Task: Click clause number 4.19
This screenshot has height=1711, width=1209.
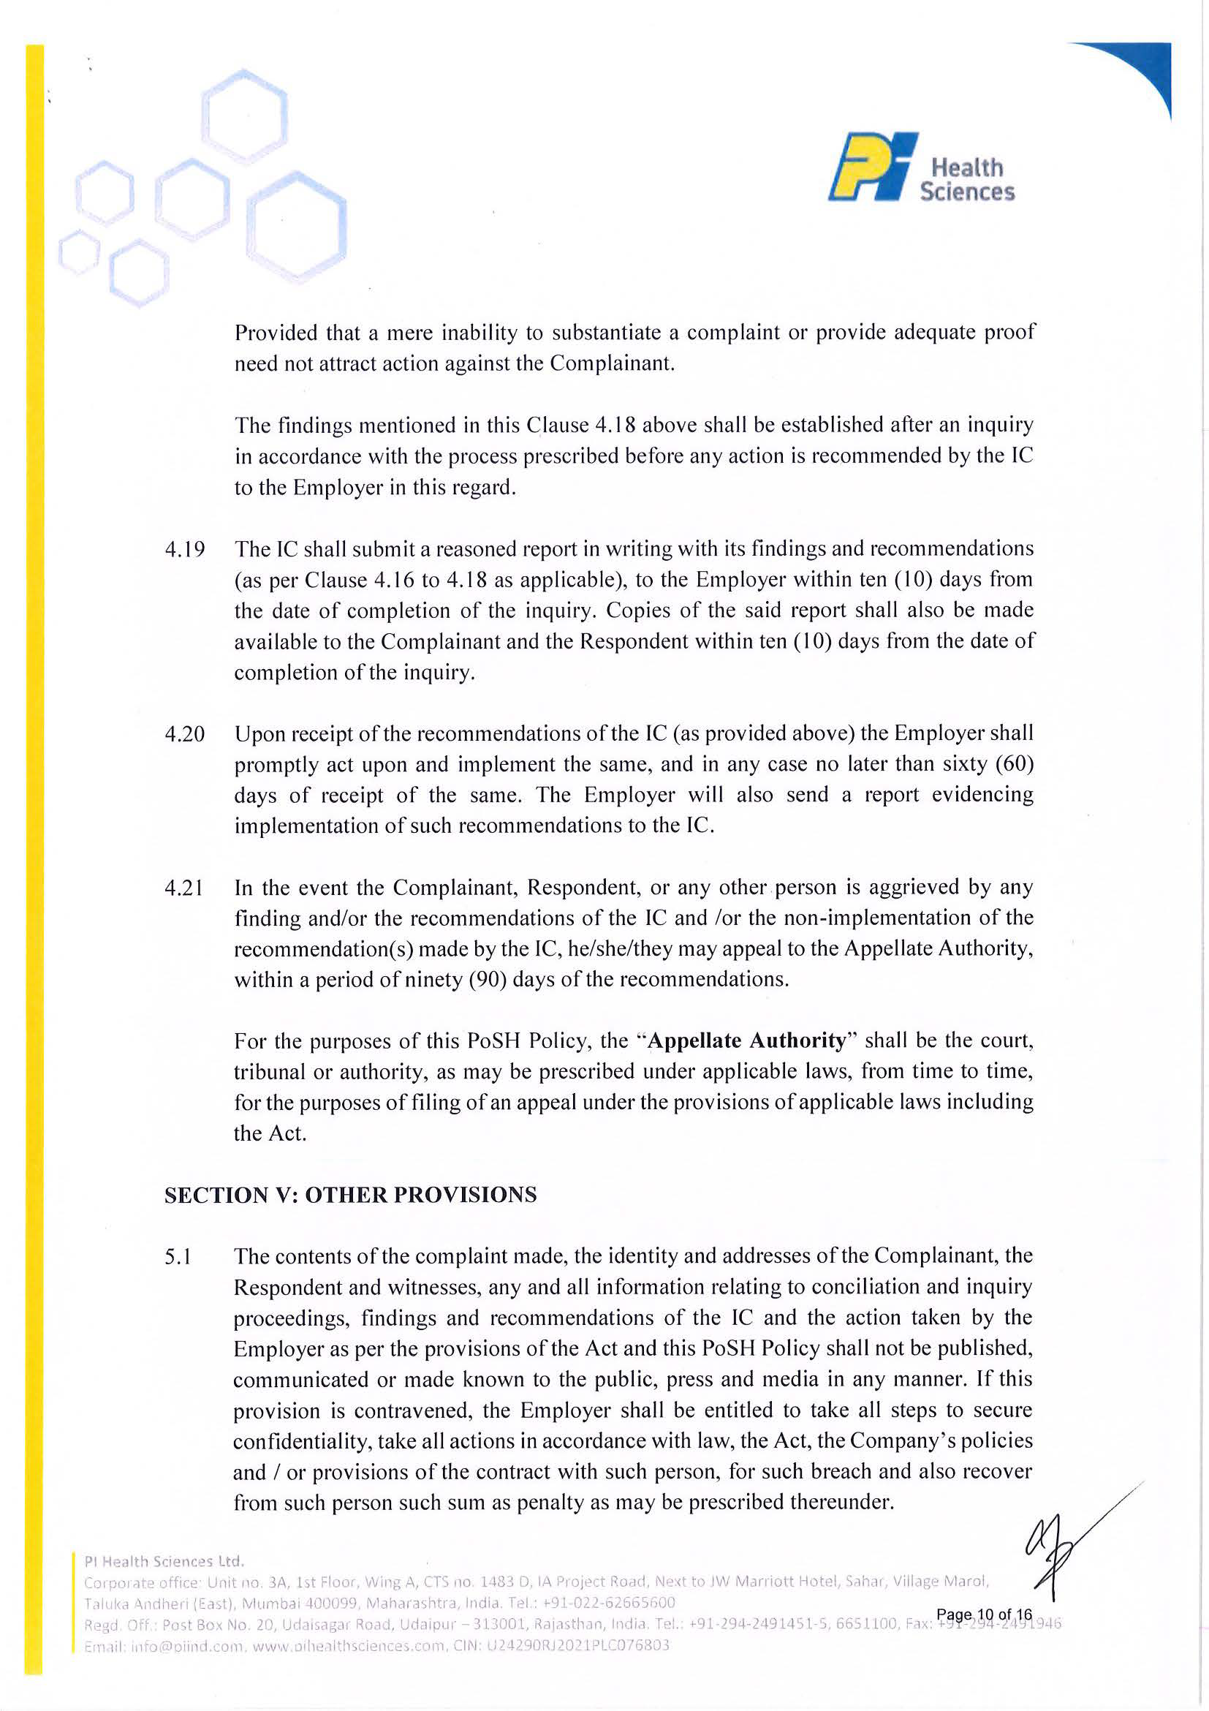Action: pos(185,550)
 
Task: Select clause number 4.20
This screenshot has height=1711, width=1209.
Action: pos(185,734)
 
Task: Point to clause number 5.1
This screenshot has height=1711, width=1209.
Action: pos(178,1257)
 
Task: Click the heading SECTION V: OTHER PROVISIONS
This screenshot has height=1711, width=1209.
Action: pos(350,1195)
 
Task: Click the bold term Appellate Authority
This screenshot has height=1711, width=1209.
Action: pos(747,1040)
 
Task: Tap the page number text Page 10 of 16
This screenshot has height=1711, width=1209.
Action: pos(984,1614)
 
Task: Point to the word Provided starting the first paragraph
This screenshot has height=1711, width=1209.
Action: pos(276,333)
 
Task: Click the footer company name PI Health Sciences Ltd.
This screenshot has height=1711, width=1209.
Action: pos(164,1560)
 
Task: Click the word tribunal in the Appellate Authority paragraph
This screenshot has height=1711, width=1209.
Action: pos(268,1072)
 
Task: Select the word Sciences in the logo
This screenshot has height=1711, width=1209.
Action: pos(967,192)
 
